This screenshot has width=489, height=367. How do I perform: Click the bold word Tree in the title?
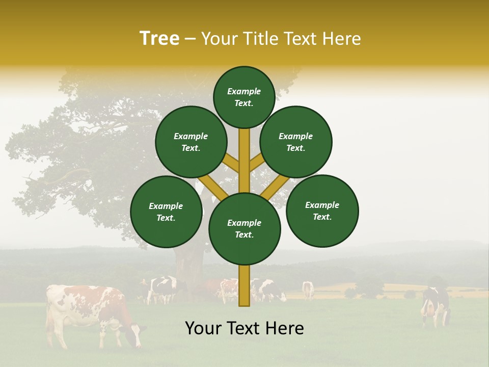tap(159, 38)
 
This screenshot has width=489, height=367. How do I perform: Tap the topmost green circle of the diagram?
tap(244, 97)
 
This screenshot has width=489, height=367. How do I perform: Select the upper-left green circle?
tap(191, 142)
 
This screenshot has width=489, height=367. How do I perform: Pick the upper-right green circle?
tap(296, 142)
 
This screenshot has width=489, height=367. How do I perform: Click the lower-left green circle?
tap(166, 212)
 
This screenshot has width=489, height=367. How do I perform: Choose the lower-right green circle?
tap(322, 211)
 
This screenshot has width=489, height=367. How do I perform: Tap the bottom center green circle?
tap(244, 229)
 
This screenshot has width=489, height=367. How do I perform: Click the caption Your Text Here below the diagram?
tap(244, 328)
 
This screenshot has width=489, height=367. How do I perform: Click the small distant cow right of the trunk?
tap(308, 290)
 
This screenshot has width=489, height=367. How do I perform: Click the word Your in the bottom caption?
tap(203, 328)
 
